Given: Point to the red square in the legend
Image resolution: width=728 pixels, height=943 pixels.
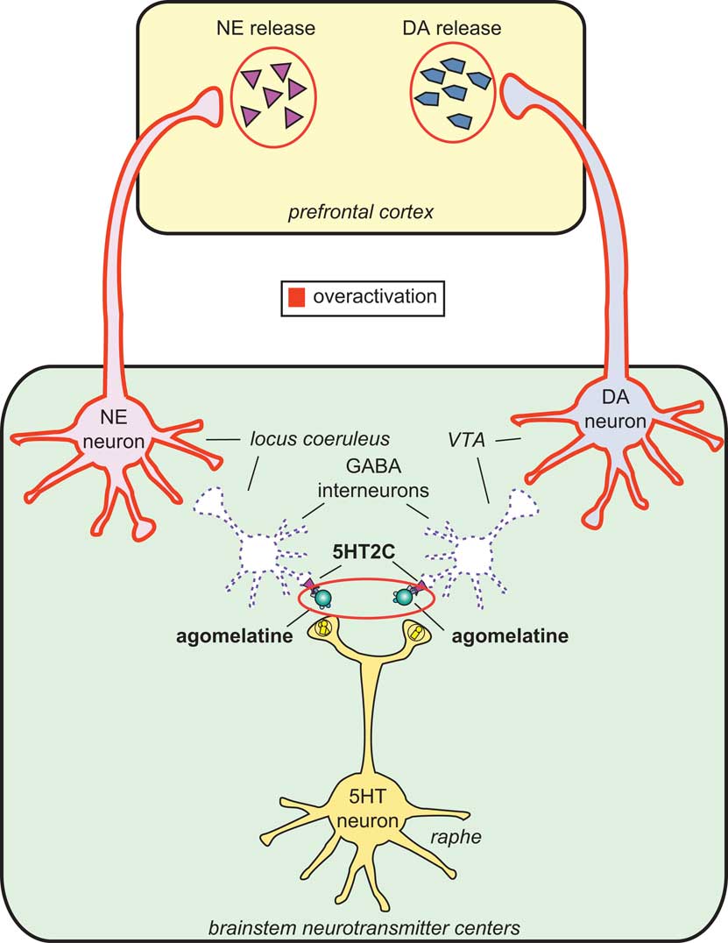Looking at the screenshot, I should click(295, 295).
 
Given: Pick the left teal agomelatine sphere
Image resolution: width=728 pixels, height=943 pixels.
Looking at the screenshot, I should click(324, 598).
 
